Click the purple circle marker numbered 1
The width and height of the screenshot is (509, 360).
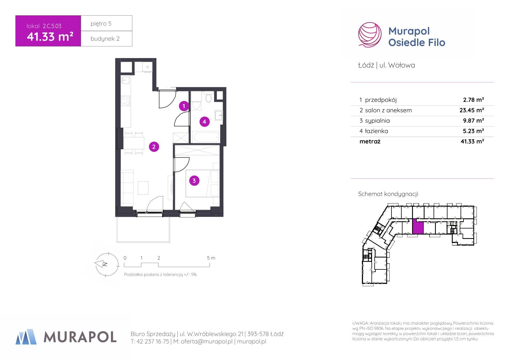click(184, 106)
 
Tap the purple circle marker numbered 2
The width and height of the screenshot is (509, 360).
click(154, 147)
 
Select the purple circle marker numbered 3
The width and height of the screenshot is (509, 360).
click(194, 181)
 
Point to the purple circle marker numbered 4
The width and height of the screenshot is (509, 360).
click(204, 122)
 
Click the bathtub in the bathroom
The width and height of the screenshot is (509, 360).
click(206, 137)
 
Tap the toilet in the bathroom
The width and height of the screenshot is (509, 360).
click(208, 98)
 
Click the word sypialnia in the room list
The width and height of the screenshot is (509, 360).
click(377, 121)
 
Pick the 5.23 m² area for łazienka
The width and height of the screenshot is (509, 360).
click(473, 131)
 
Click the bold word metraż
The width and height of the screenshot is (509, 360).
click(370, 141)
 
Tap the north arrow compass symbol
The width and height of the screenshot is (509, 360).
click(107, 264)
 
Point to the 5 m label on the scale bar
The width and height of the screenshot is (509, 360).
click(211, 258)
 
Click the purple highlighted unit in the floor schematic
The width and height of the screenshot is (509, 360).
click(418, 226)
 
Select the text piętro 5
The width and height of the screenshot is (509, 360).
click(101, 24)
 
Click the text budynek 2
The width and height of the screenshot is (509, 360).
click(105, 39)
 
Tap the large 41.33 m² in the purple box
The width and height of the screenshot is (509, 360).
click(50, 37)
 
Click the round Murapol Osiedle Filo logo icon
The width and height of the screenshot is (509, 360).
click(370, 35)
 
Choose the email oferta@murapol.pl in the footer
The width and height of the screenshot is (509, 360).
click(207, 341)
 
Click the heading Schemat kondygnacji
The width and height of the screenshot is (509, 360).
click(388, 194)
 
